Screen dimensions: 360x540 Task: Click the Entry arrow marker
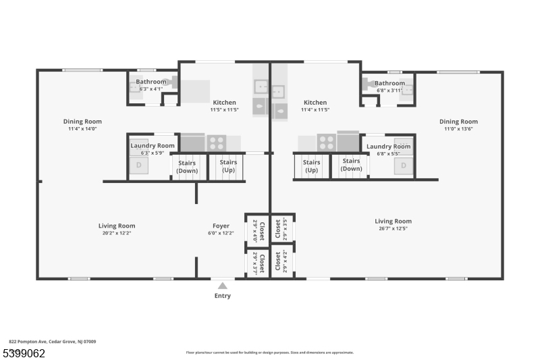pos(222,286)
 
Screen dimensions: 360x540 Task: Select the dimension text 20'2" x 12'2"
pos(117,233)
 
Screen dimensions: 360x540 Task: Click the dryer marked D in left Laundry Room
pos(139,165)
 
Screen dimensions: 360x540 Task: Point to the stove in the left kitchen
pos(216,143)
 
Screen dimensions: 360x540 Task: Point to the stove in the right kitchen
pos(327,143)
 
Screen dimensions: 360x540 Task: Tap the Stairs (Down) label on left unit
pos(187,166)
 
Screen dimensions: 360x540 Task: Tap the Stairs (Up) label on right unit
pos(311,166)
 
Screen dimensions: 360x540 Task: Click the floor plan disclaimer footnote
pos(269,352)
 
